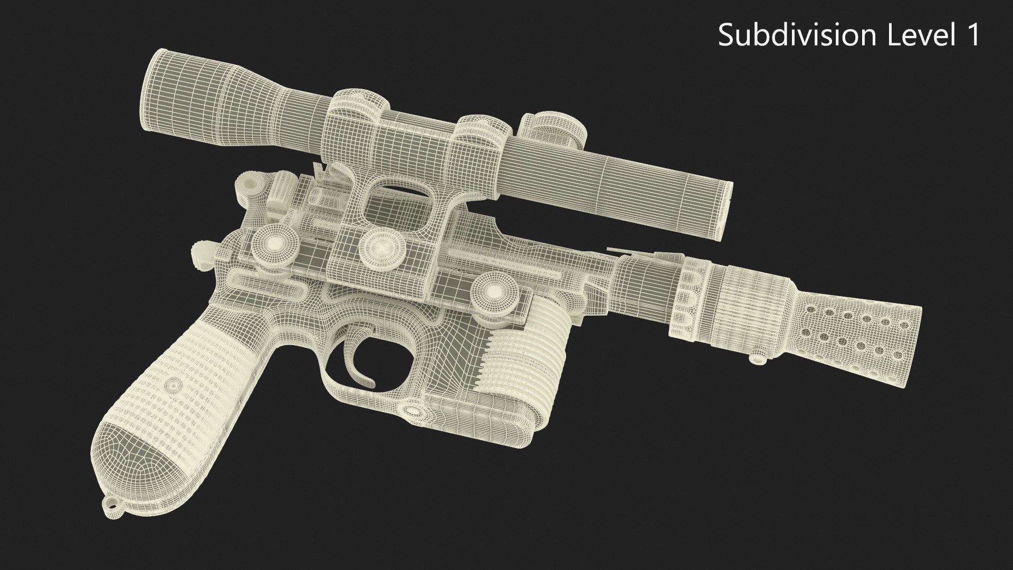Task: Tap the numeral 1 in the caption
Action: pos(971,35)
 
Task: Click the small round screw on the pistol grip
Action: pos(173,384)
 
